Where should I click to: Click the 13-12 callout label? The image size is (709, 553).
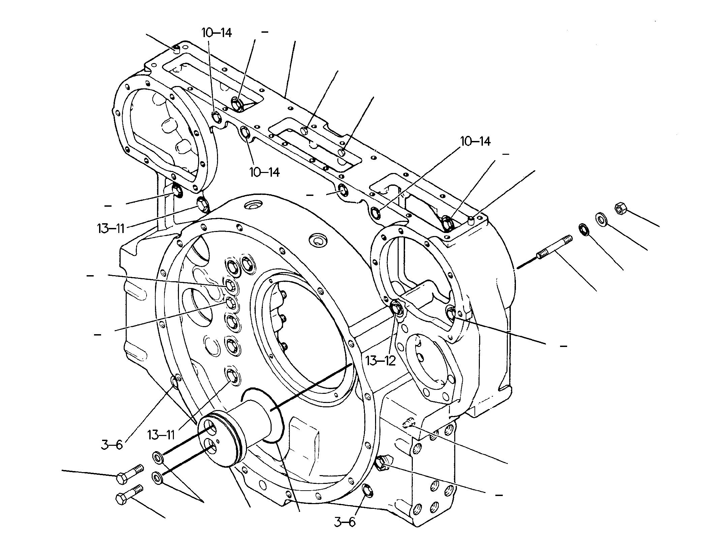(381, 360)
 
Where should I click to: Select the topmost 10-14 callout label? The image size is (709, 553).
(217, 33)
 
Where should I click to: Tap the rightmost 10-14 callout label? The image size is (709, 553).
(475, 142)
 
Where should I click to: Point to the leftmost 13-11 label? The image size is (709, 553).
(111, 229)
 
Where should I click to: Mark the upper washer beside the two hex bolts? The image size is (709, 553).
(157, 458)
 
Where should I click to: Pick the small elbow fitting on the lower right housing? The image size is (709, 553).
(409, 421)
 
